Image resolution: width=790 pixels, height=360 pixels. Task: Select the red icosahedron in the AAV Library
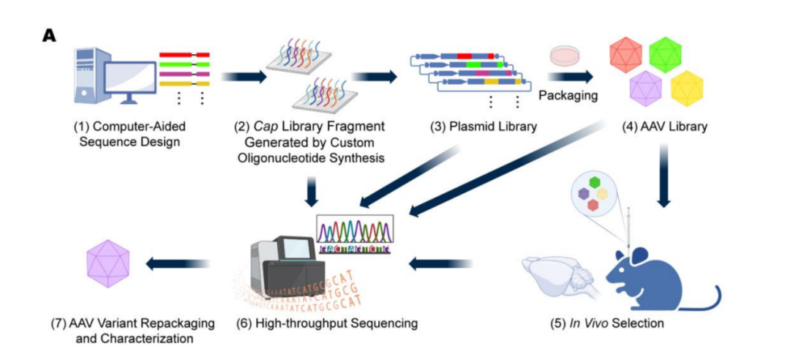[x=625, y=55]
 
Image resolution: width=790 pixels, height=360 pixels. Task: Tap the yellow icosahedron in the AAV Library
[x=687, y=89]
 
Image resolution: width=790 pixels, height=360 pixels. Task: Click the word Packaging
[x=568, y=95]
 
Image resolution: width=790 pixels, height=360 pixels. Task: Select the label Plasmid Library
[x=484, y=127]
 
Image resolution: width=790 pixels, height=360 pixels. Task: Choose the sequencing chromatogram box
[x=355, y=233]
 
